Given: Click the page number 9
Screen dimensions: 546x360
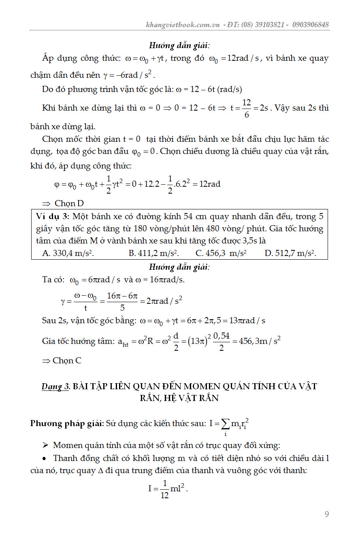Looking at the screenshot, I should [x=327, y=514].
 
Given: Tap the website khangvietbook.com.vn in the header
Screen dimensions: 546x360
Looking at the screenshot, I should [x=183, y=25].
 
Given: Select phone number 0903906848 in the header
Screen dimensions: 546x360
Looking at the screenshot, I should [x=310, y=25].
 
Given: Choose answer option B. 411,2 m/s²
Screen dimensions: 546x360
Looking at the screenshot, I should [x=154, y=253].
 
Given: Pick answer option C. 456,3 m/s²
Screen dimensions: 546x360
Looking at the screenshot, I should [x=221, y=253].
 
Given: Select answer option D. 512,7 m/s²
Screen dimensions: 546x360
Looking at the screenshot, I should [x=290, y=253].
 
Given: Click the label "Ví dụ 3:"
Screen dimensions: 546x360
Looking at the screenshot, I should [x=50, y=216].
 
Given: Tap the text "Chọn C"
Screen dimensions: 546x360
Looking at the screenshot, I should [x=67, y=360].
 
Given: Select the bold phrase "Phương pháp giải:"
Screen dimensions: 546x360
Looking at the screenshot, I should [x=67, y=424].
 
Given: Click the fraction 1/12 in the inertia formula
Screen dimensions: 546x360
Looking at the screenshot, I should [x=164, y=489].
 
